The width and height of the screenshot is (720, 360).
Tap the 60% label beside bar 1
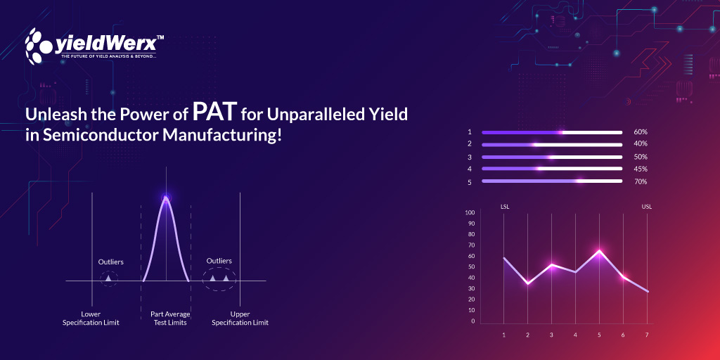640,132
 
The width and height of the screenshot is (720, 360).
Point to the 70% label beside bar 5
640,181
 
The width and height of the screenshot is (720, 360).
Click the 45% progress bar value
640,169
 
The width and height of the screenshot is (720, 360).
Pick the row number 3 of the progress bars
469,157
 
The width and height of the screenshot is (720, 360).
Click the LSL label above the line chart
505,207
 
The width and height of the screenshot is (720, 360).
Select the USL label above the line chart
647,207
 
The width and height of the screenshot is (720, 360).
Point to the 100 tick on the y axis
470,213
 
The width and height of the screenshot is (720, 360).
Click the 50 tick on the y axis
471,267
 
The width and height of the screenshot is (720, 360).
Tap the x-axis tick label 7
647,335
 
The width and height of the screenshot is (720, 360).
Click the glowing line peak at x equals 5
599,250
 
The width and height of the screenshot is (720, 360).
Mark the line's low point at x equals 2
527,283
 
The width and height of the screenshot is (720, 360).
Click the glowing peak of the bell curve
166,198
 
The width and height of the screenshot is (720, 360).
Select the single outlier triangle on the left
108,279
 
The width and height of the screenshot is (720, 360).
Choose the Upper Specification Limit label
240,319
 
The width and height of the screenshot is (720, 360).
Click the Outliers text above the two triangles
219,261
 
